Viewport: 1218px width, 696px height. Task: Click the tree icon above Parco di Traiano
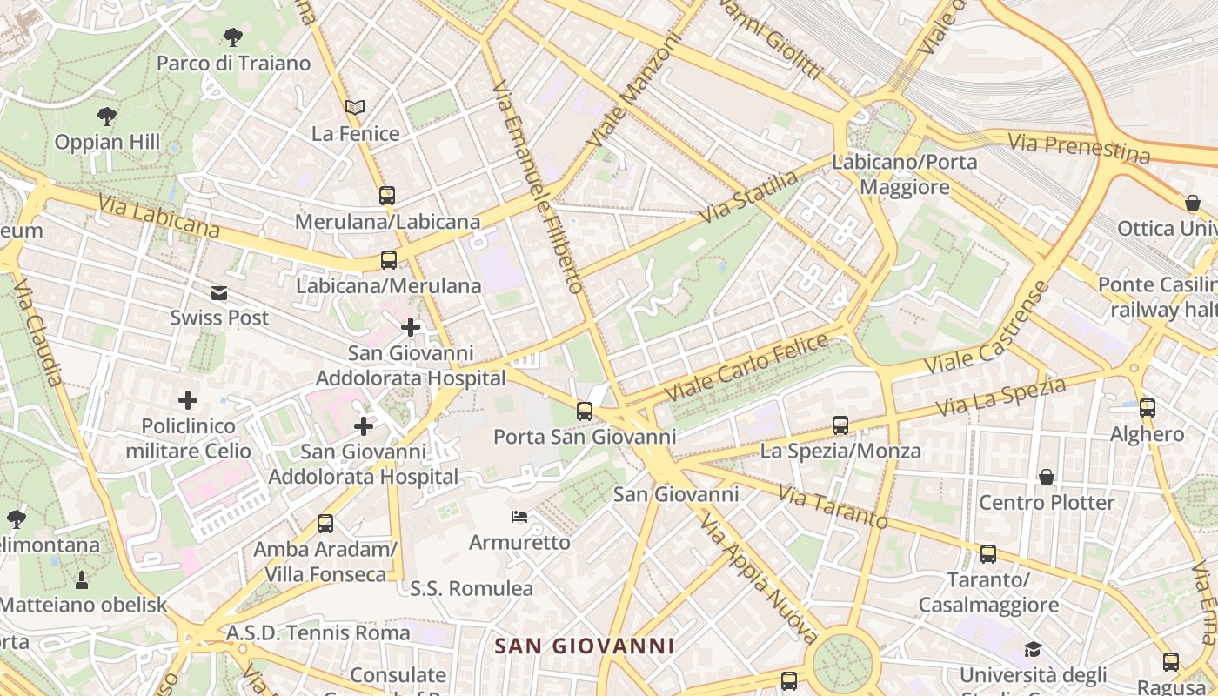pos(232,37)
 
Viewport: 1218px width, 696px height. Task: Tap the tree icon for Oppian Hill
pos(107,116)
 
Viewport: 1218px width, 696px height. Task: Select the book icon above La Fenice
pos(354,107)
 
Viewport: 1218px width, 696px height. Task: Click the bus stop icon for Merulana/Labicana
pos(387,196)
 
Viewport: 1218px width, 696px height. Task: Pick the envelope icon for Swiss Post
pos(219,293)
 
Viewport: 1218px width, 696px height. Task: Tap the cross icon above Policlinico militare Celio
pos(188,400)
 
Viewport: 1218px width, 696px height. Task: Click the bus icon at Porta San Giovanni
pos(585,412)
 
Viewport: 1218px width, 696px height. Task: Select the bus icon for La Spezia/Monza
pos(840,425)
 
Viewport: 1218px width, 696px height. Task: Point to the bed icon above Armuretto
pos(519,517)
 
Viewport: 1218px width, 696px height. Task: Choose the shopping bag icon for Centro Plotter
pos(1047,477)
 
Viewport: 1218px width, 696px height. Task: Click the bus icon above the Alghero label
pos(1148,407)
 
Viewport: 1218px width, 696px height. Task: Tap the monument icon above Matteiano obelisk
pos(82,579)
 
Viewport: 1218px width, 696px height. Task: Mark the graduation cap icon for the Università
pos(1033,649)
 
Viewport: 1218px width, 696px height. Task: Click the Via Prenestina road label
pos(1079,148)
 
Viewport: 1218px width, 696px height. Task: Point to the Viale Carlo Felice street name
pos(746,368)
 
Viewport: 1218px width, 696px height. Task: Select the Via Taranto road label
pos(833,507)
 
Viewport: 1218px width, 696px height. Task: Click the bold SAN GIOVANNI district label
pos(585,646)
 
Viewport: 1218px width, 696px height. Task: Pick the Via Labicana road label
pos(158,217)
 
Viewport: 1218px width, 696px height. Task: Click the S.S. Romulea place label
pos(472,588)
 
